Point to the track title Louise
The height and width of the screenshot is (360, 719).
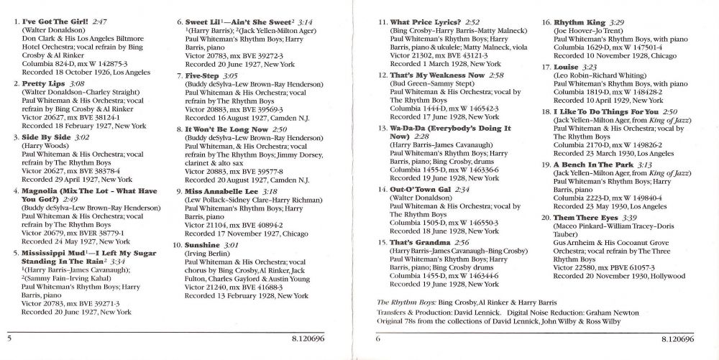point(566,67)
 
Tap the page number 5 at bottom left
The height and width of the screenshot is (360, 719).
point(9,337)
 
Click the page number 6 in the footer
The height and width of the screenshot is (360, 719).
point(377,337)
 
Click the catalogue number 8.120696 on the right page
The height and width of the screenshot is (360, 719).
point(677,337)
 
